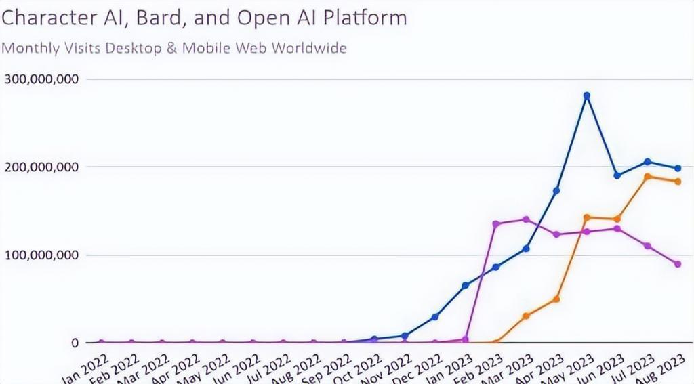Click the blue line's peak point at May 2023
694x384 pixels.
pos(587,95)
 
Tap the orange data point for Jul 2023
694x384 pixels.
pos(647,177)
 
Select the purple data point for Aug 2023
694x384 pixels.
pos(678,264)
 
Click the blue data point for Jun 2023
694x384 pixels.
pos(617,175)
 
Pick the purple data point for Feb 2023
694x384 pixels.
pos(495,223)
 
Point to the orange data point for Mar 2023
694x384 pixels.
pos(526,316)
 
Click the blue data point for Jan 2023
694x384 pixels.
pos(465,286)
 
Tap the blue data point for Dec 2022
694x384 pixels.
pos(434,317)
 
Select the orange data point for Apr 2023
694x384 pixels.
pos(556,299)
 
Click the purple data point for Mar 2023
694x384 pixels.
pos(526,219)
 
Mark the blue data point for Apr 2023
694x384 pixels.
pos(556,191)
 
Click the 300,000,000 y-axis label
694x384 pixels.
pos(42,79)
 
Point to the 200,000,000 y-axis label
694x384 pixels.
pos(42,167)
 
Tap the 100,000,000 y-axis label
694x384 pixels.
pos(42,255)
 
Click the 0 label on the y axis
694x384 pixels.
pos(74,343)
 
